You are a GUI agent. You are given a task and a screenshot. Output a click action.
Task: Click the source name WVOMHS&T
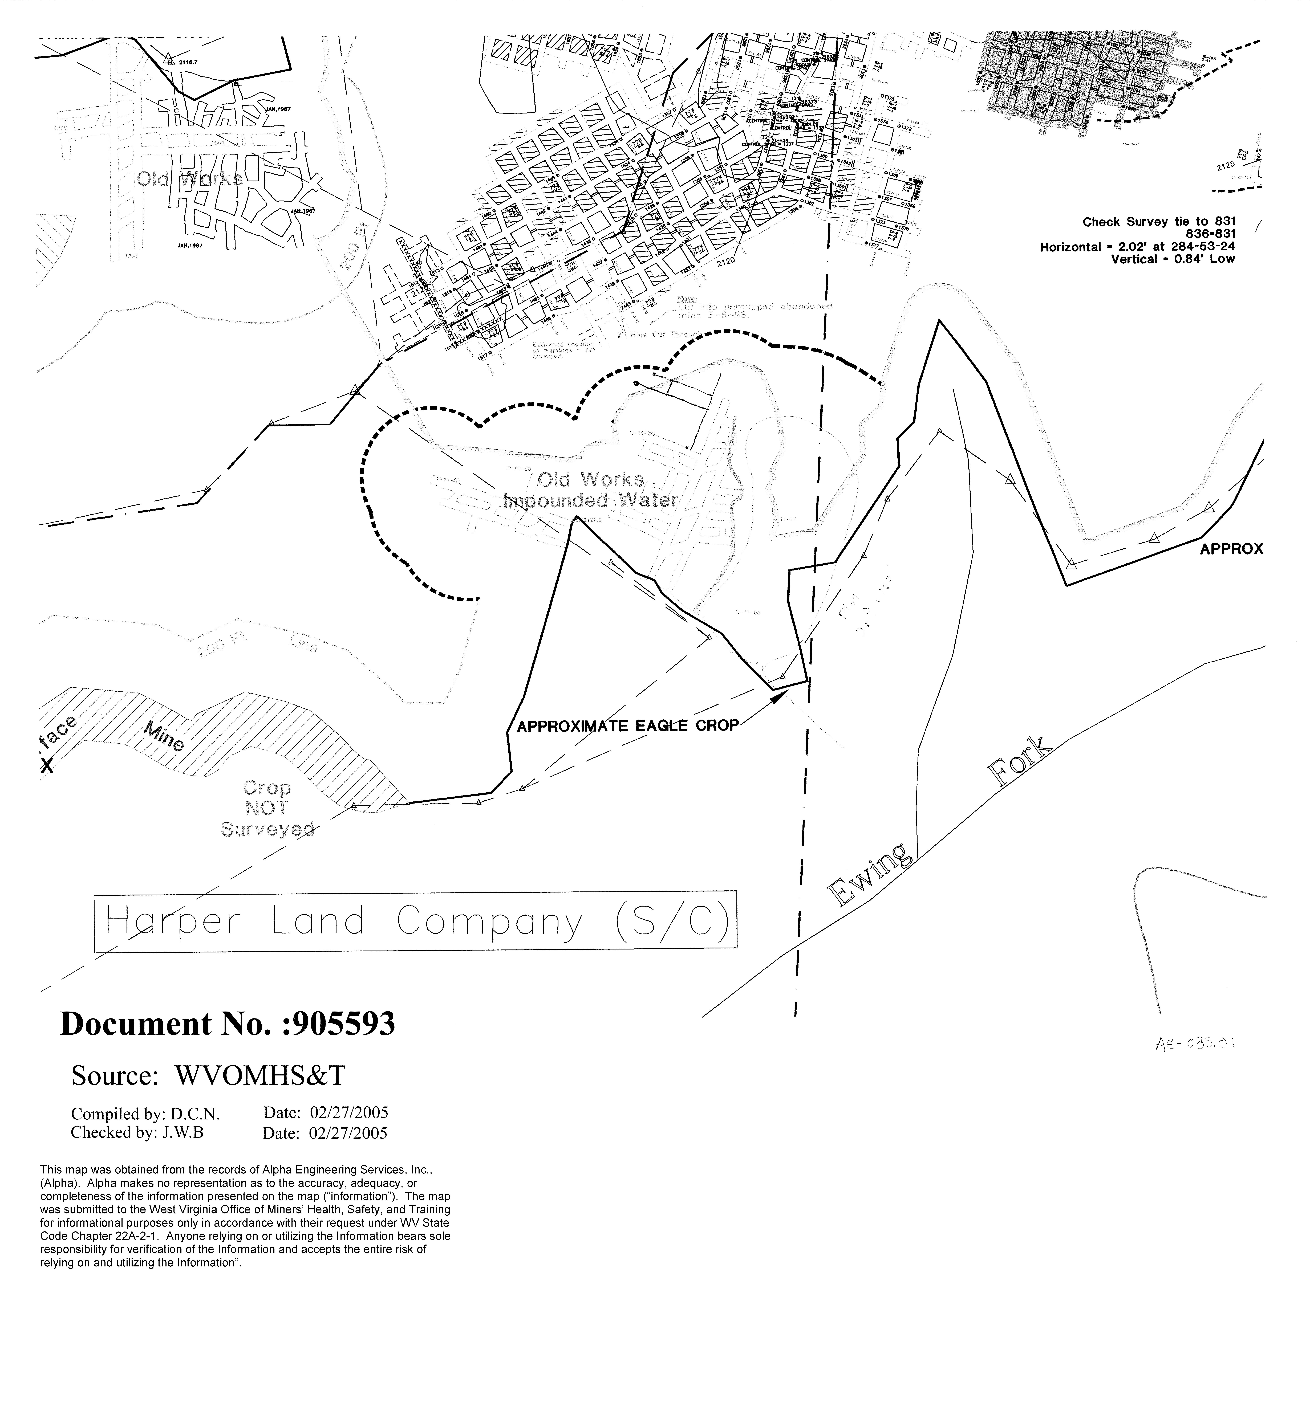point(259,1076)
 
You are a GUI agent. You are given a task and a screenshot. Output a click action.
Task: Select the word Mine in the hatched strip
point(165,737)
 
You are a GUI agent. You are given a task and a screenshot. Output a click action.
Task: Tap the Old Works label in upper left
point(190,178)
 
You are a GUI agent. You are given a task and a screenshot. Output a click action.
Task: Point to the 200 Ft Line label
point(256,646)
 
